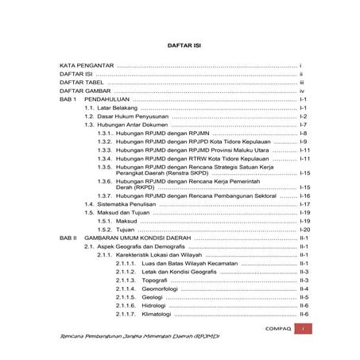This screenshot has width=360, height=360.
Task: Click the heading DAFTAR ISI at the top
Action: pyautogui.click(x=180, y=45)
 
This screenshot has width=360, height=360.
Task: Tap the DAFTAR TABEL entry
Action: pyautogui.click(x=82, y=82)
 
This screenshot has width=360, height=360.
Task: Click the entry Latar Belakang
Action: pyautogui.click(x=121, y=107)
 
